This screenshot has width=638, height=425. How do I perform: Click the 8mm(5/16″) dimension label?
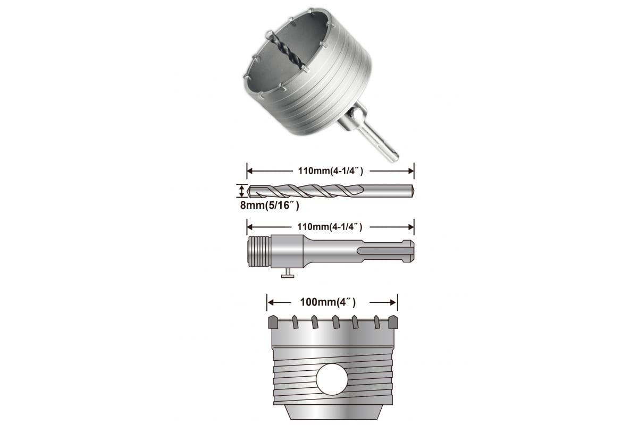tap(270, 205)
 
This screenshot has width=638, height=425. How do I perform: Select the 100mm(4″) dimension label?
tap(328, 302)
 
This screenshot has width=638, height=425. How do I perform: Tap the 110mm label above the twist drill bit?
tap(330, 171)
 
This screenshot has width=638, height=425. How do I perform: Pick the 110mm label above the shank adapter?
tap(330, 227)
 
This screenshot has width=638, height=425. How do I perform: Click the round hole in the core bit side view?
tap(332, 379)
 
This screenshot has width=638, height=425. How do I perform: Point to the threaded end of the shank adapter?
tap(259, 251)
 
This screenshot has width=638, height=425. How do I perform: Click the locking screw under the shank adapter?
tap(288, 273)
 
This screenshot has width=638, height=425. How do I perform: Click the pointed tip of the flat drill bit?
tap(248, 191)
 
